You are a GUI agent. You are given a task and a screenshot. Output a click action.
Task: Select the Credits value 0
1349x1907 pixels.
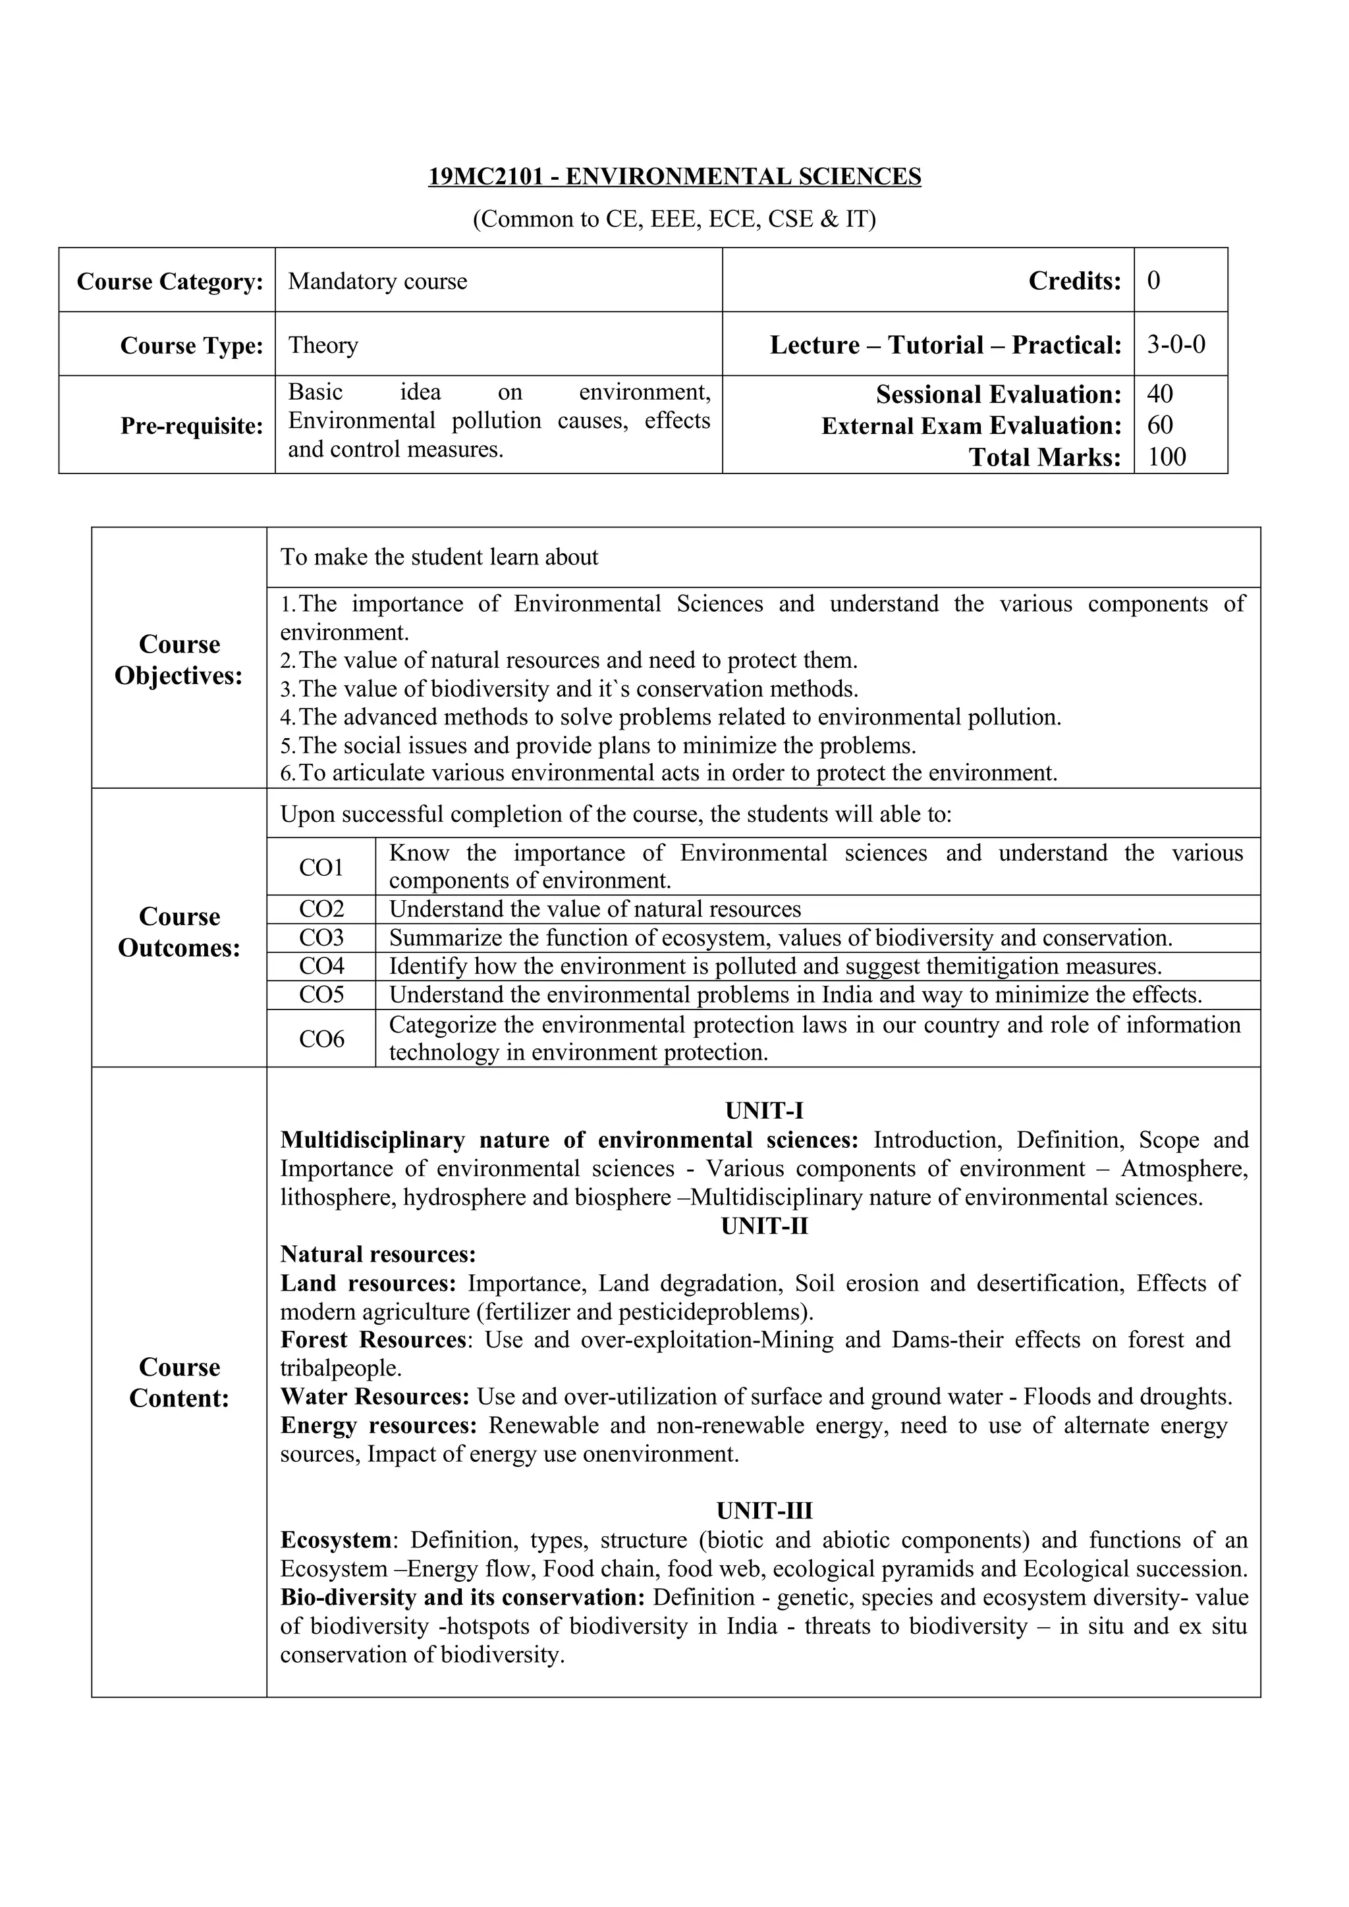pyautogui.click(x=1154, y=281)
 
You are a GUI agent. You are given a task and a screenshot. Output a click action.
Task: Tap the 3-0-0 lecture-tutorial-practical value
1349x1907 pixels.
pyautogui.click(x=1175, y=344)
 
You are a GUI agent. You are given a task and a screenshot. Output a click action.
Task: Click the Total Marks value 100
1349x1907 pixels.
pyautogui.click(x=1167, y=457)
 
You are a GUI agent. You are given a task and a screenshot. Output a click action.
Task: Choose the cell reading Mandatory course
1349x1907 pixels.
pyautogui.click(x=377, y=282)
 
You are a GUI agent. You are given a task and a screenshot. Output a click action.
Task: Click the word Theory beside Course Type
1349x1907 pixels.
pyautogui.click(x=323, y=344)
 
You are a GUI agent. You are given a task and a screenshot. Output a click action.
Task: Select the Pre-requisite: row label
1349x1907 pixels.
pyautogui.click(x=191, y=426)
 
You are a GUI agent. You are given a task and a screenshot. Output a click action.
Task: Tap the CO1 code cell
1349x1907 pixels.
pyautogui.click(x=321, y=867)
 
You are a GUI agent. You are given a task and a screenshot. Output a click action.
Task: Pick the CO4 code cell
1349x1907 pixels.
pyautogui.click(x=321, y=966)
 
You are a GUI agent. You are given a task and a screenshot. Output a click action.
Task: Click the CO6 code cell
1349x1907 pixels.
pyautogui.click(x=321, y=1039)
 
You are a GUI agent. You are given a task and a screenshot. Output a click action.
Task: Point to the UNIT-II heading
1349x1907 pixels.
pyautogui.click(x=763, y=1226)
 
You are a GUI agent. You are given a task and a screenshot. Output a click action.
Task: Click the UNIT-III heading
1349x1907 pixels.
pyautogui.click(x=763, y=1511)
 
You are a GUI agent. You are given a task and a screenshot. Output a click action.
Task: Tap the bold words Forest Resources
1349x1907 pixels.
pyautogui.click(x=373, y=1340)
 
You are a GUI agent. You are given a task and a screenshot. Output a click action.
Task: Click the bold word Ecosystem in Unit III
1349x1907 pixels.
pyautogui.click(x=335, y=1540)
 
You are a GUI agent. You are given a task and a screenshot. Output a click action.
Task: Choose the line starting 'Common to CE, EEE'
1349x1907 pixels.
pyautogui.click(x=674, y=219)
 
